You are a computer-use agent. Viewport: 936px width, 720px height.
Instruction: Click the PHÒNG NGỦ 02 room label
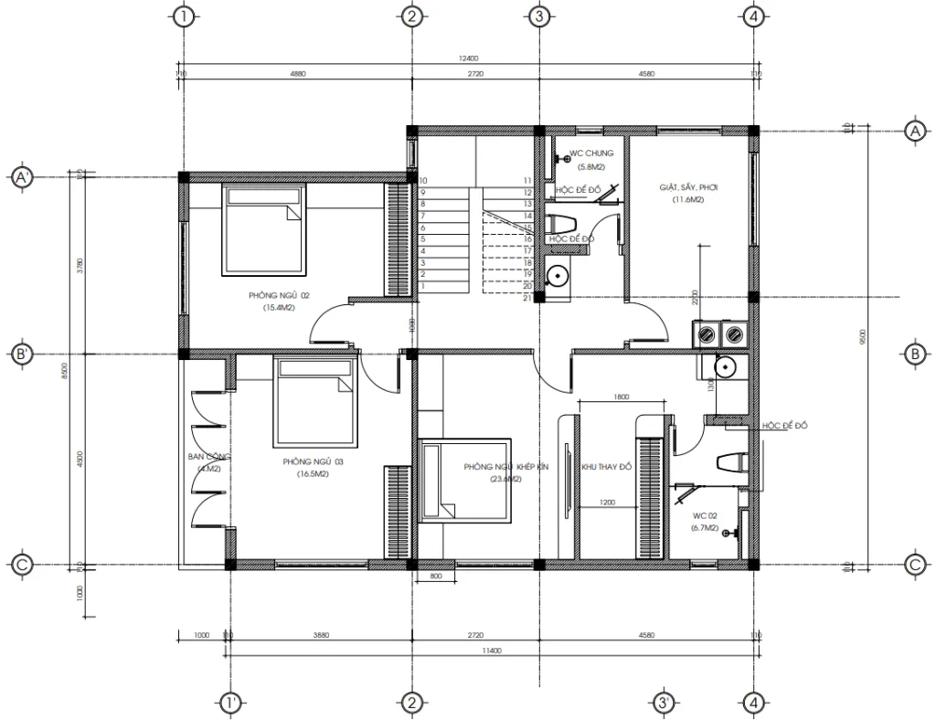pos(280,295)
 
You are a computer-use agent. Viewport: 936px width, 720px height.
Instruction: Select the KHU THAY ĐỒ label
pos(607,467)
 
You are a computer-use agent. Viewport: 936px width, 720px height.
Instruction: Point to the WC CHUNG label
pos(591,154)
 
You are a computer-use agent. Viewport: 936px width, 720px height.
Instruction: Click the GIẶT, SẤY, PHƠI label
pos(688,187)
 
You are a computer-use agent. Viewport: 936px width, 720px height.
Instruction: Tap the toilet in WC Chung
pos(561,225)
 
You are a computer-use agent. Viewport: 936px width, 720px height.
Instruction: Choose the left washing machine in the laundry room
pos(707,335)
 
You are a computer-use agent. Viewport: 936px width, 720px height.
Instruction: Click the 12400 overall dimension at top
pos(468,58)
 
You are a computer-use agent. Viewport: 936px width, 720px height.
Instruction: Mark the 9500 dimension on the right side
pos(863,338)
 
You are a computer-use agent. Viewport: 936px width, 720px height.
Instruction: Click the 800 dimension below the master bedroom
pos(435,577)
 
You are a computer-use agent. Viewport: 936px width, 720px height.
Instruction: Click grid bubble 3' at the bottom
pos(664,703)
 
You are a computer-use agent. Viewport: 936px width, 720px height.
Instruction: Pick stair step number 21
pos(528,297)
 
